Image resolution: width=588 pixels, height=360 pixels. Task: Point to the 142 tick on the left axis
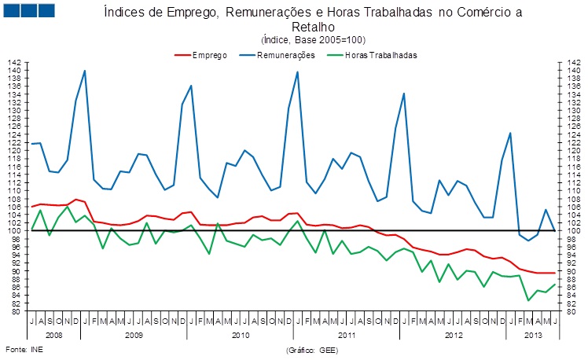tap(16, 62)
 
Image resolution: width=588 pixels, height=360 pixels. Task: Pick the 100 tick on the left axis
tap(16, 231)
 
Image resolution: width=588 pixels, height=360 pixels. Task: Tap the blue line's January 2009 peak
tap(84, 71)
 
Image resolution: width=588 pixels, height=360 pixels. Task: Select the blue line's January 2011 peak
tap(297, 72)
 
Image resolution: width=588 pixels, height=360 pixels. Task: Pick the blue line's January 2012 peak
tap(404, 94)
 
